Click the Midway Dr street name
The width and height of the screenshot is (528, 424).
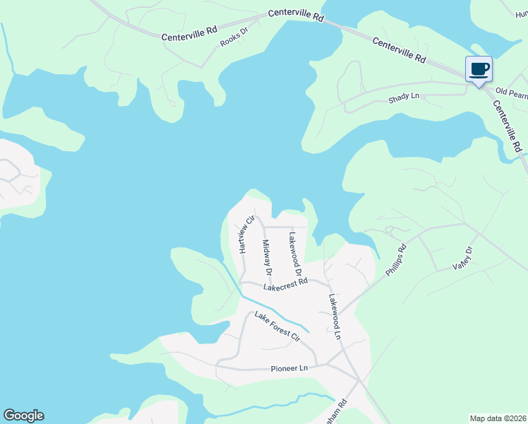click(267, 256)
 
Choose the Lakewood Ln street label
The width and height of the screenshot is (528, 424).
click(334, 317)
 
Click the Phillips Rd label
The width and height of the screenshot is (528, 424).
click(397, 260)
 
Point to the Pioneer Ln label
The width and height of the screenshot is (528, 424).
click(290, 369)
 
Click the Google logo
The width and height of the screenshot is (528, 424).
click(23, 416)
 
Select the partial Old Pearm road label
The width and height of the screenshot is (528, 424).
click(511, 92)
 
